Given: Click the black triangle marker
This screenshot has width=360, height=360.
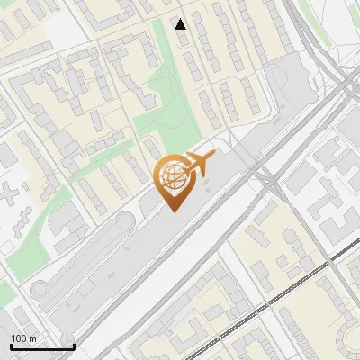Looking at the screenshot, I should coord(181,24).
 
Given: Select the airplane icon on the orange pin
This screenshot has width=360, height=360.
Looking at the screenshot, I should coord(198,165).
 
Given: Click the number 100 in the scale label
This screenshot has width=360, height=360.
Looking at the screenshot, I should coord(19,338).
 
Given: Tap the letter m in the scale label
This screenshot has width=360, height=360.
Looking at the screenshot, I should coord(31,338).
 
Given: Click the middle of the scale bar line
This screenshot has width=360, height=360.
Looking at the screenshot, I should coord(42,346).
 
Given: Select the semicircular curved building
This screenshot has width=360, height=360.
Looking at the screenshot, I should coord(348,338).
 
